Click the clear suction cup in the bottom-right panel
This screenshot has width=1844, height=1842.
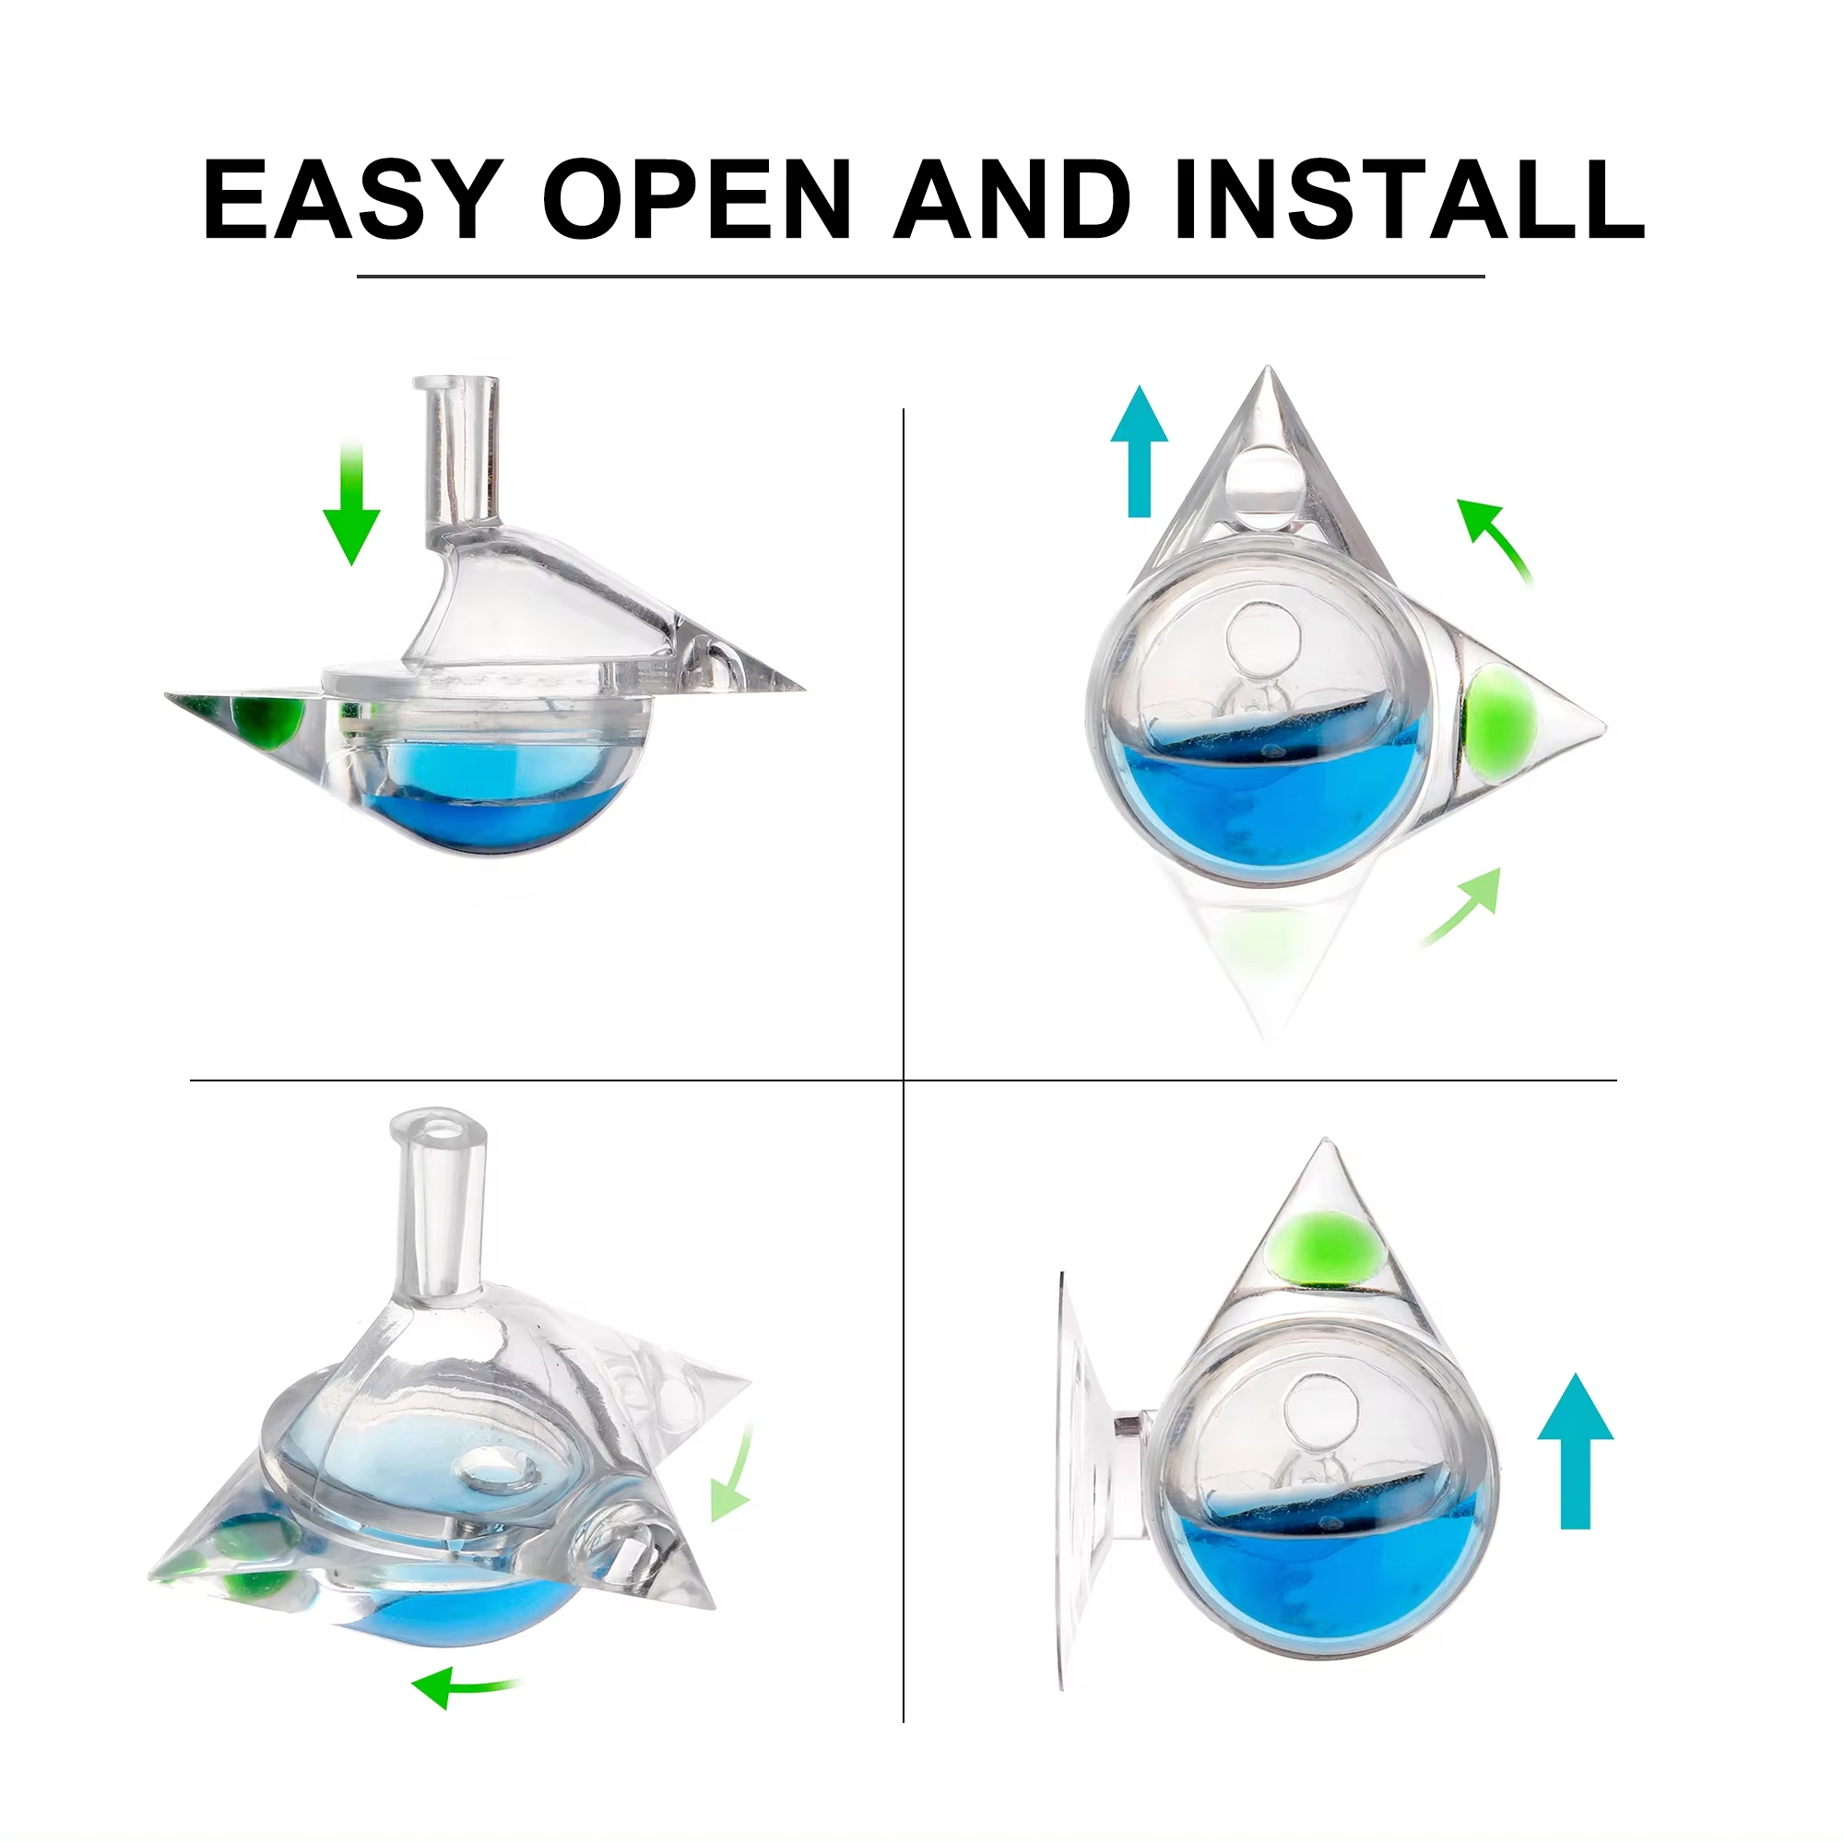1083,1480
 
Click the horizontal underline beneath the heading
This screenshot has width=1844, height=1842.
921,277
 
